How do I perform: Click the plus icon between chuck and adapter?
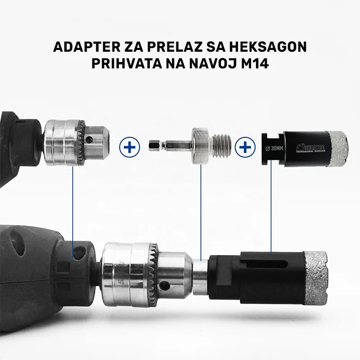click(129, 148)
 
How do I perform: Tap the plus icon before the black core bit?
click(245, 147)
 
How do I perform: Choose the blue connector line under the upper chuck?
click(72, 207)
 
